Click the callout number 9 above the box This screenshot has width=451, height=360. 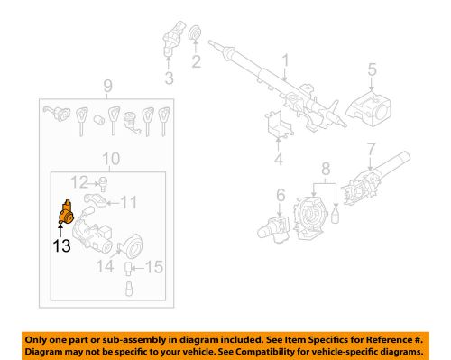tap(107, 88)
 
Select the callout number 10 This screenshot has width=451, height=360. tap(110, 160)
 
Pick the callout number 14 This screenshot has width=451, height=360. tap(107, 267)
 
